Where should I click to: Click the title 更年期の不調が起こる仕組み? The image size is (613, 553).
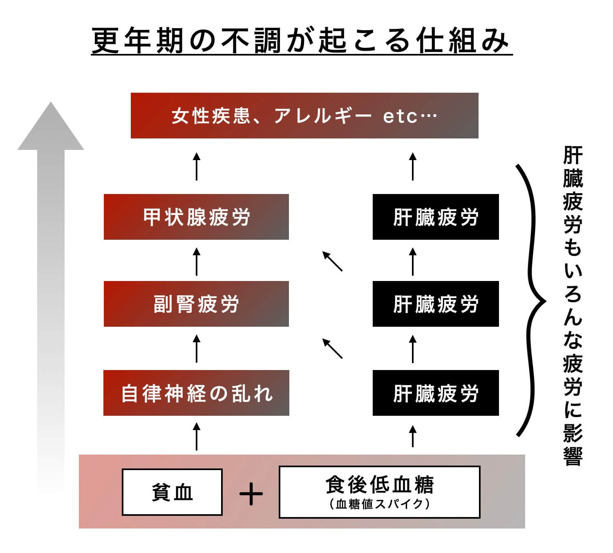click(x=301, y=41)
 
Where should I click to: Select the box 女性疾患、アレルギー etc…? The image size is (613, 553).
click(x=304, y=116)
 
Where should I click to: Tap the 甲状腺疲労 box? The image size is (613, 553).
click(x=196, y=217)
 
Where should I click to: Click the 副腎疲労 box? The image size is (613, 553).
click(x=196, y=304)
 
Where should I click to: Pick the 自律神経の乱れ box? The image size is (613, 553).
click(x=196, y=393)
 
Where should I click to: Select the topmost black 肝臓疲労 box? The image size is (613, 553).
click(x=436, y=217)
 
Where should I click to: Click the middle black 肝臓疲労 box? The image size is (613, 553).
click(x=436, y=304)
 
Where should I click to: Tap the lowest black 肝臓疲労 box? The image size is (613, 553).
click(x=436, y=393)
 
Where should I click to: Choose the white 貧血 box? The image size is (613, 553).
click(x=172, y=492)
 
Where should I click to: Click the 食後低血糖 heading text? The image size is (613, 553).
click(x=379, y=485)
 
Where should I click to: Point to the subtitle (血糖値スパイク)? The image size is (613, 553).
click(x=379, y=504)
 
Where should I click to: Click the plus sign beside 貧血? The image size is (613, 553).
click(x=251, y=494)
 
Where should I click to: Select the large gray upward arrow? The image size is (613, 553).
click(x=51, y=286)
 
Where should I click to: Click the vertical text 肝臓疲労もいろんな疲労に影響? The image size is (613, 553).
click(x=573, y=306)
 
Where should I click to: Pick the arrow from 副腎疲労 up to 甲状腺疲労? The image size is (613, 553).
click(x=197, y=261)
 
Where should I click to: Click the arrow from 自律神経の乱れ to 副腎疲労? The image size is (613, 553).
click(x=197, y=348)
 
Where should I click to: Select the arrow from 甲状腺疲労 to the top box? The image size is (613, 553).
click(x=197, y=166)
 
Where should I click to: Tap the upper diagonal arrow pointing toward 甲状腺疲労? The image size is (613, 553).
click(x=332, y=261)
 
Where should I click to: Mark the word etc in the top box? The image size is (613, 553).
click(x=400, y=116)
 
